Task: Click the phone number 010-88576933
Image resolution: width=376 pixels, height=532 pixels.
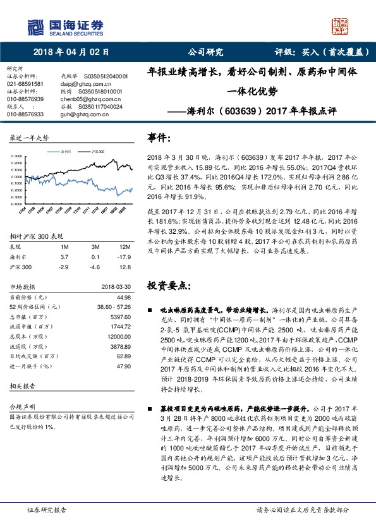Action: pos(25,114)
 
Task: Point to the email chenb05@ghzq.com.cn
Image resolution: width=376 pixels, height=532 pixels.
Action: pos(89,99)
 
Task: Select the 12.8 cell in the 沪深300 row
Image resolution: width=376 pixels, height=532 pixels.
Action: pos(124,269)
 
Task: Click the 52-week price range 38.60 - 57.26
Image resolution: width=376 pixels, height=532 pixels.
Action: pos(114,306)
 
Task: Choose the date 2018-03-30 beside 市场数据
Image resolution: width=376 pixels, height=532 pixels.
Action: pos(116,286)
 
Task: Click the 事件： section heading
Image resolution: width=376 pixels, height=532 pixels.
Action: pos(159,137)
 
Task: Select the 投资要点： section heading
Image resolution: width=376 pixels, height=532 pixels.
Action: pos(167,285)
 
